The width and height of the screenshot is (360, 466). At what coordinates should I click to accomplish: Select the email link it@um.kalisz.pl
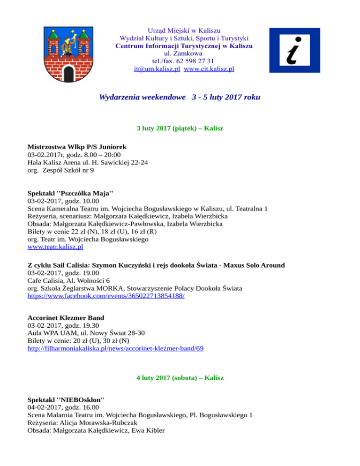157,68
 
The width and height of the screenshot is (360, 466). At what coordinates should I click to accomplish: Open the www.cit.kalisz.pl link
209,68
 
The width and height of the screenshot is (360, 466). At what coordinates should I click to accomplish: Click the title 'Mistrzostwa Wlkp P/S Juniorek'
76,147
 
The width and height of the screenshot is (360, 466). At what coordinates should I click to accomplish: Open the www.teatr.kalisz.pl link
55,246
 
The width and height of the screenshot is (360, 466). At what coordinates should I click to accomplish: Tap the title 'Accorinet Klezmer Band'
66,317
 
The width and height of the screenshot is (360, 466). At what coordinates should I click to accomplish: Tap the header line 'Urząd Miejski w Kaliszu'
184,31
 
